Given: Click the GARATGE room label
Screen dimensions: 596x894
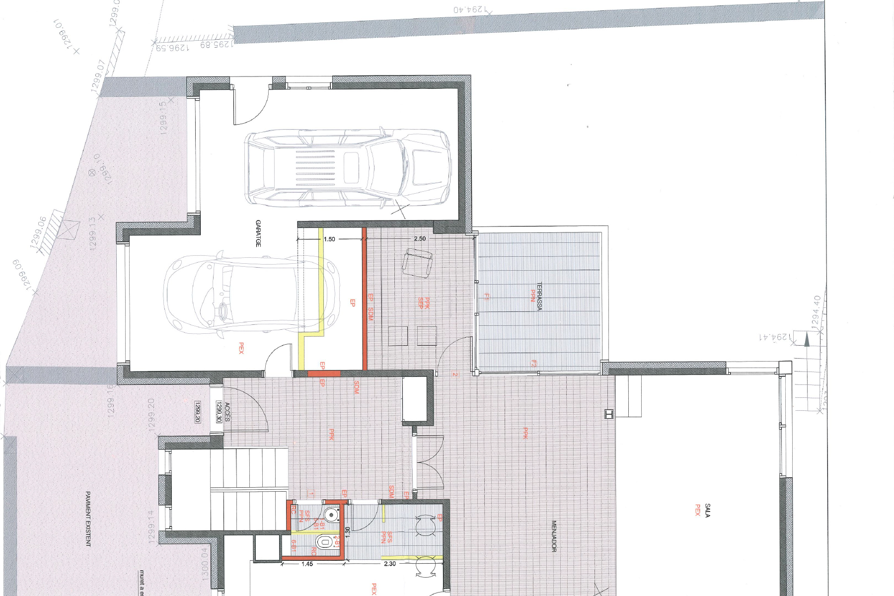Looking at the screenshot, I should pyautogui.click(x=258, y=233).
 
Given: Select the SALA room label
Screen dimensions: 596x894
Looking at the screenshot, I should pyautogui.click(x=707, y=510).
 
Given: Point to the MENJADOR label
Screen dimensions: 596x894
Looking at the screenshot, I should pyautogui.click(x=554, y=536).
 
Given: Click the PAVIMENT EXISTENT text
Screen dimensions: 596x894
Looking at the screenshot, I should pyautogui.click(x=88, y=519).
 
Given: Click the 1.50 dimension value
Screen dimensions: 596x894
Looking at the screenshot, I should pyautogui.click(x=329, y=239).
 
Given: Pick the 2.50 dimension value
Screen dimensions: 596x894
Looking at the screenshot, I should pyautogui.click(x=420, y=238).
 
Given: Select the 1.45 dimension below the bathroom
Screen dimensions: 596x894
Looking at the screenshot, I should pyautogui.click(x=307, y=564).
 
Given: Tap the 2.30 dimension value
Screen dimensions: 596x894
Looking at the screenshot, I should pyautogui.click(x=390, y=564).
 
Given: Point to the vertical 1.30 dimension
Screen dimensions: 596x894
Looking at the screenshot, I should pyautogui.click(x=348, y=532).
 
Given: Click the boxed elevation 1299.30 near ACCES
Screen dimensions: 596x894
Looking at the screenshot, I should pyautogui.click(x=219, y=412).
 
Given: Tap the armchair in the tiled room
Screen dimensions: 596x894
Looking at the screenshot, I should pyautogui.click(x=417, y=263).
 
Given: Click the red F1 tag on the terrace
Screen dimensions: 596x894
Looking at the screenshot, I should pyautogui.click(x=487, y=297).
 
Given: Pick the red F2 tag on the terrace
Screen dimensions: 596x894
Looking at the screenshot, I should pyautogui.click(x=534, y=364).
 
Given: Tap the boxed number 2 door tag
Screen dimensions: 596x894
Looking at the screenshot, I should pyautogui.click(x=454, y=374).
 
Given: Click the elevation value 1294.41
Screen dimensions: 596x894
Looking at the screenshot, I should pyautogui.click(x=775, y=337).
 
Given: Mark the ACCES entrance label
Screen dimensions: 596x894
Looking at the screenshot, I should pyautogui.click(x=227, y=412).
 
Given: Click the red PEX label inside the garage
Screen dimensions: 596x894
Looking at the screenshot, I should pyautogui.click(x=241, y=348).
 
